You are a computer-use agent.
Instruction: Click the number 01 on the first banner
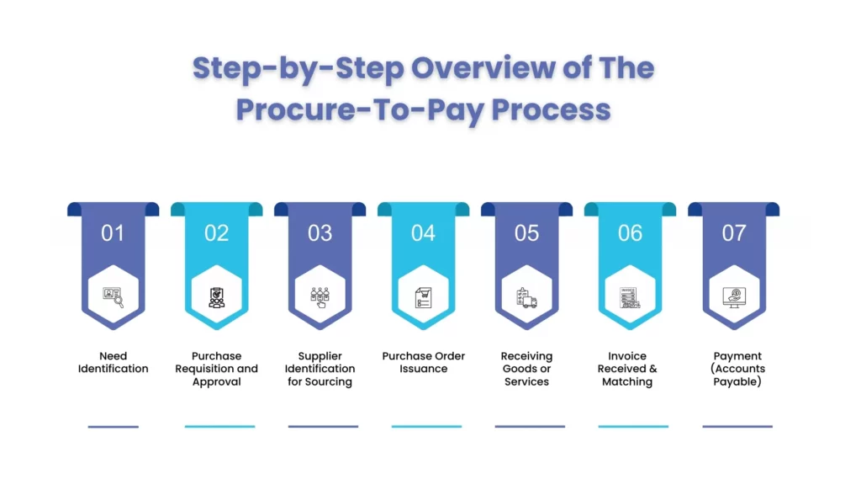click(113, 233)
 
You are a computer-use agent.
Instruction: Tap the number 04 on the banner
click(423, 233)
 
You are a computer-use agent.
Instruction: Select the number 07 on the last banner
click(734, 233)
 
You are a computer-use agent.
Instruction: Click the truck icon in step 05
click(527, 297)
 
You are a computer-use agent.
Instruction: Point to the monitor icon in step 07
click(734, 297)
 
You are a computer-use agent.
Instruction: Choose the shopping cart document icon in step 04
click(424, 297)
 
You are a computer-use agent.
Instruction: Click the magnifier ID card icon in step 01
click(114, 297)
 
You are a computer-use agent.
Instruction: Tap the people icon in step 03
click(320, 297)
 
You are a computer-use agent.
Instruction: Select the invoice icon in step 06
click(631, 297)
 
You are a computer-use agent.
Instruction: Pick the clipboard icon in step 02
click(217, 297)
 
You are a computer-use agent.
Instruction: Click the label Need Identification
click(114, 362)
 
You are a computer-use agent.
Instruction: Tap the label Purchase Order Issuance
click(424, 362)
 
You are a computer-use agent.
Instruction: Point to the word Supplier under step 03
click(320, 356)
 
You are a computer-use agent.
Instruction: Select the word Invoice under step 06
click(627, 356)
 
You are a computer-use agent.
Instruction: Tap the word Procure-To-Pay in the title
click(357, 109)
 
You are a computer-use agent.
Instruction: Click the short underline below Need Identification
click(114, 426)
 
